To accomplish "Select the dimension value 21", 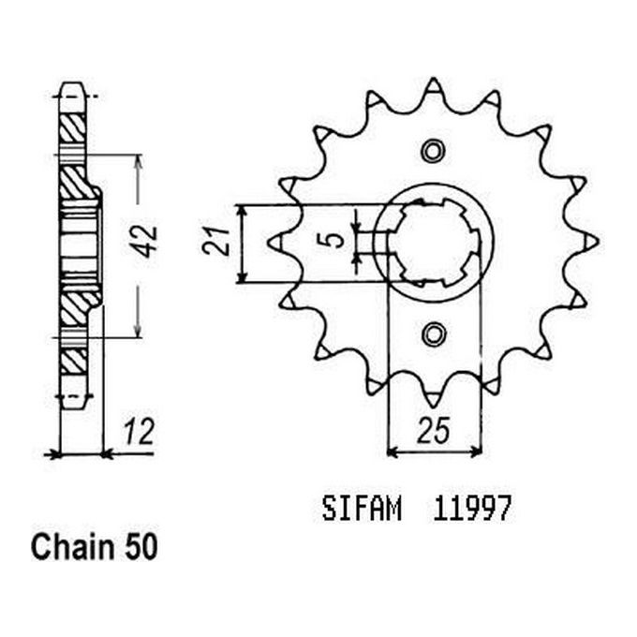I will (213, 243).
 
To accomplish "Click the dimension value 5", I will (334, 241).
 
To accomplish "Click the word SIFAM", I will (362, 511).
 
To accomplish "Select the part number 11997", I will (470, 511).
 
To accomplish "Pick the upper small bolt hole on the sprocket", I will (432, 152).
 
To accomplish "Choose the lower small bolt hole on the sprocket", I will (433, 333).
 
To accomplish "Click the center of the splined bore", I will (433, 243).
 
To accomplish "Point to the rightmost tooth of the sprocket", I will (592, 242).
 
